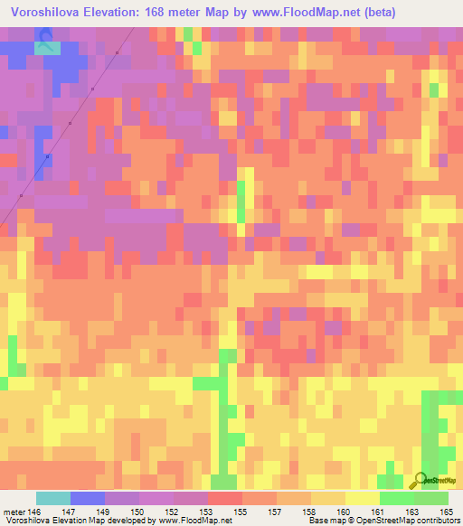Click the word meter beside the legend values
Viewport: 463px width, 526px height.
[x=15, y=512]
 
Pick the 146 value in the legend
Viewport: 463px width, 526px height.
[x=35, y=512]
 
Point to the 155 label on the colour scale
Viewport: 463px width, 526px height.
[x=242, y=512]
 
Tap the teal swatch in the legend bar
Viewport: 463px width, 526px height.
[x=53, y=498]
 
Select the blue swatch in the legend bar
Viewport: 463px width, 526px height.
[x=88, y=498]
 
